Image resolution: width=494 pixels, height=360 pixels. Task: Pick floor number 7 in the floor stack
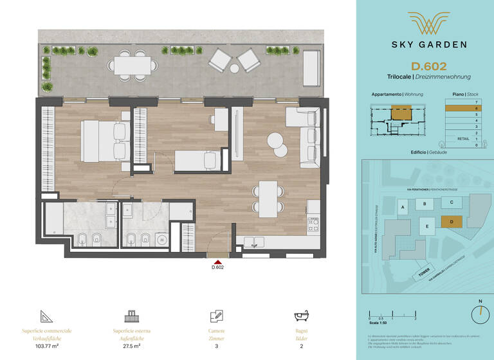click(475, 103)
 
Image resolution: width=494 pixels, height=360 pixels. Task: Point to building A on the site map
click(403, 208)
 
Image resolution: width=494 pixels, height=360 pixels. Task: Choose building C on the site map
click(452, 203)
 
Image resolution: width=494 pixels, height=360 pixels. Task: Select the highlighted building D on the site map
click(452, 222)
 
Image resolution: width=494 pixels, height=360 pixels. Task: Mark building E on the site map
click(426, 226)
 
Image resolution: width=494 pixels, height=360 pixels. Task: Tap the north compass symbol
click(479, 314)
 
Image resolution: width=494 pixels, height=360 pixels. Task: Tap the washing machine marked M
click(162, 239)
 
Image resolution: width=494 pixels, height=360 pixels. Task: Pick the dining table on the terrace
click(133, 65)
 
